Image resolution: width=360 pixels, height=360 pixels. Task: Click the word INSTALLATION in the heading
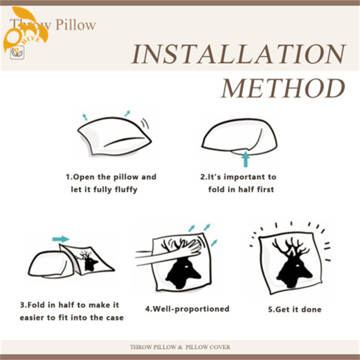click(x=238, y=54)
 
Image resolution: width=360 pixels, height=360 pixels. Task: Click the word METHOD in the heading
click(x=283, y=88)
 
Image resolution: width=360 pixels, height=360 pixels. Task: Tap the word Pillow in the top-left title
click(x=76, y=25)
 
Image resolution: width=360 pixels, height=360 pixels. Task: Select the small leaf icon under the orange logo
click(x=17, y=53)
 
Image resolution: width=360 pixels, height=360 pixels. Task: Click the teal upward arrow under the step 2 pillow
click(x=246, y=159)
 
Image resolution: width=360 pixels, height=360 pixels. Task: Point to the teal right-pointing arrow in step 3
click(x=61, y=239)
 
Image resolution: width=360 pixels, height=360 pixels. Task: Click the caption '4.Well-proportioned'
click(x=187, y=309)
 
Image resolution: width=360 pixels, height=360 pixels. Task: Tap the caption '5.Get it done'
click(x=295, y=309)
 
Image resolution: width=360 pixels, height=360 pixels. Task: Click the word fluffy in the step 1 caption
click(x=126, y=190)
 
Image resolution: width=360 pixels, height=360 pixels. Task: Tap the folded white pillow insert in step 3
click(x=48, y=265)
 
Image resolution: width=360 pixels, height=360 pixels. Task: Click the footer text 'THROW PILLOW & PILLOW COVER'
click(x=180, y=347)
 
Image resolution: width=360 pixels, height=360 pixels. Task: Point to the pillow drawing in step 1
click(x=114, y=136)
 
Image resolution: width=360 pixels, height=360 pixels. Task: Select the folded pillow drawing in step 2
click(x=239, y=137)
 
